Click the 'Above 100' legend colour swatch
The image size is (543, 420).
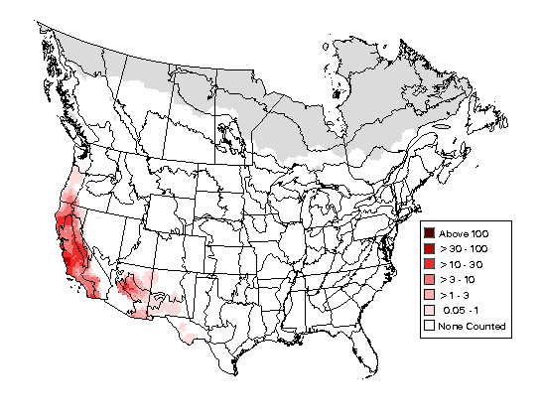(x=430, y=231)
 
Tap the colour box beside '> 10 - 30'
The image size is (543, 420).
(x=430, y=263)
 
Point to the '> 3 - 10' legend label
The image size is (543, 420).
(x=458, y=279)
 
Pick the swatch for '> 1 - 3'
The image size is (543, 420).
(x=430, y=295)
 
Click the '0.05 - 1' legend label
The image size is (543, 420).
(x=462, y=311)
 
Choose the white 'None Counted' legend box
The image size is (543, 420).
(x=430, y=326)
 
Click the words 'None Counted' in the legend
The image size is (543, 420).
(x=473, y=327)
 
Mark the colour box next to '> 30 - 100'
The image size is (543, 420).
(x=430, y=247)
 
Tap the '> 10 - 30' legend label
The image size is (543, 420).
(x=462, y=263)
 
